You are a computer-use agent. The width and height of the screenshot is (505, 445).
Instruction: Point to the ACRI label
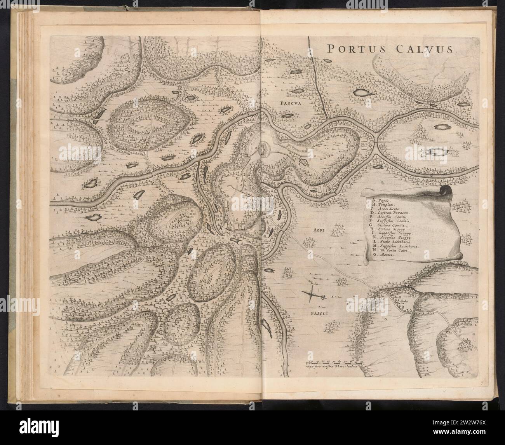click(x=317, y=230)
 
